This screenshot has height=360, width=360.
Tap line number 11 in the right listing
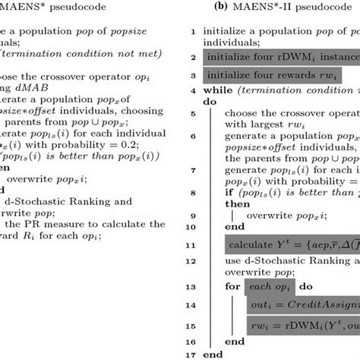tap(194, 245)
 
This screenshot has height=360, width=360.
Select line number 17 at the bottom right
tap(194, 353)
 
